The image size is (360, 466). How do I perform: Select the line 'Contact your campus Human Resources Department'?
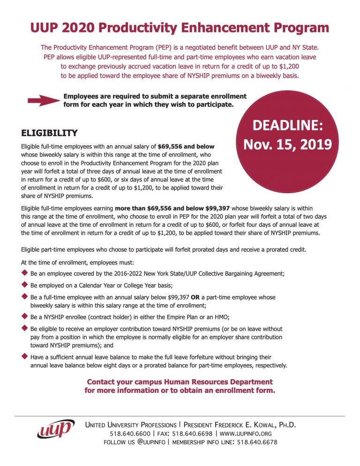tap(180, 382)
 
